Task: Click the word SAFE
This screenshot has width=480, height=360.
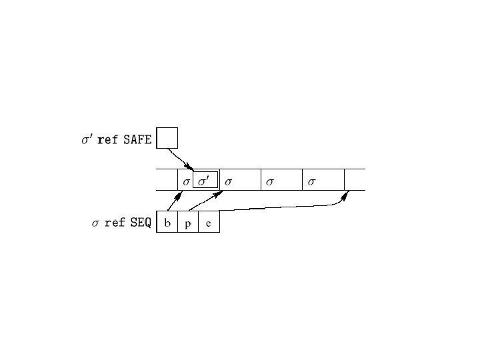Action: point(138,140)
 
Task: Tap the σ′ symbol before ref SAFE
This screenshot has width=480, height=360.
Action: point(87,140)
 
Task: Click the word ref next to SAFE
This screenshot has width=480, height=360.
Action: point(107,140)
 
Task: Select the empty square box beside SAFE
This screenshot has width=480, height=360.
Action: point(167,137)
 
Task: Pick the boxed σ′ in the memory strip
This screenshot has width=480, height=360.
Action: point(205,181)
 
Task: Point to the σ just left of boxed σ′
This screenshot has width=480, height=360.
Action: point(187,181)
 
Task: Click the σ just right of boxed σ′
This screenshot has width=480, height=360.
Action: point(228,181)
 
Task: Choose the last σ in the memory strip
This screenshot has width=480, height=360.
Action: point(311,181)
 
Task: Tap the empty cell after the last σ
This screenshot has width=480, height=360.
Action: point(355,180)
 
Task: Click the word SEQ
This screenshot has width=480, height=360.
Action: point(141,223)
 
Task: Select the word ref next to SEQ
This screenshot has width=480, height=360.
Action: point(115,223)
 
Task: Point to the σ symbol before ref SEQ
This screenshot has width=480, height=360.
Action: point(95,223)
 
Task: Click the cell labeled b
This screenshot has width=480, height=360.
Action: point(167,223)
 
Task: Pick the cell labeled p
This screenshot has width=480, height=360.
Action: point(188,223)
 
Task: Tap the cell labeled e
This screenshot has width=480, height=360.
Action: point(209,223)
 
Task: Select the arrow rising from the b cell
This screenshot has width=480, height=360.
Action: point(173,202)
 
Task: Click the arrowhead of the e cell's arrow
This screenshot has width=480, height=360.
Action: point(347,195)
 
